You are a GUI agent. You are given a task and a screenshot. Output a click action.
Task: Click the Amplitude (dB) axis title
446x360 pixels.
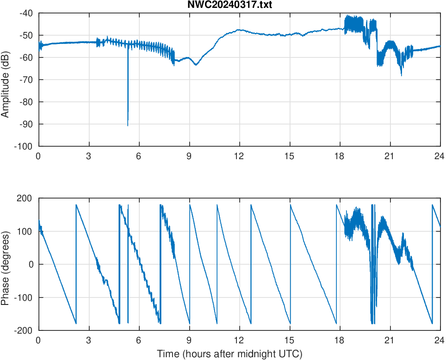tap(6, 80)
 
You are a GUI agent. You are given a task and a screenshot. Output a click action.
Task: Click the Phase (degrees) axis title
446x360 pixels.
tap(6, 264)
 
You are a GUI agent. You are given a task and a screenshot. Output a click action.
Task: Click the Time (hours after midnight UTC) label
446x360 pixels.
tap(229, 354)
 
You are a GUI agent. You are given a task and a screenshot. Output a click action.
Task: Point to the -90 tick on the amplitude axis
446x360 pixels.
tap(26, 124)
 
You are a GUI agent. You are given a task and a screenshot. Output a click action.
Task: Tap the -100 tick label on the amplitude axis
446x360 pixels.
tap(24, 146)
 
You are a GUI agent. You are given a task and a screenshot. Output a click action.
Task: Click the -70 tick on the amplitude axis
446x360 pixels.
tap(26, 80)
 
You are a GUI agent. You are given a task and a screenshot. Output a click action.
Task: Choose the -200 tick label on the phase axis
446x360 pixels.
tap(24, 330)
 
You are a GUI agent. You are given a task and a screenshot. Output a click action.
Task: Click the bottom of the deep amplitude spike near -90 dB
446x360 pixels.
tap(128, 125)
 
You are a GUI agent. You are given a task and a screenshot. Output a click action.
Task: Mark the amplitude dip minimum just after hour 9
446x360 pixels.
tap(196, 65)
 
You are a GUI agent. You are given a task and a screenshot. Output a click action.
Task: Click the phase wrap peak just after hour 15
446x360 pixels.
tap(290, 205)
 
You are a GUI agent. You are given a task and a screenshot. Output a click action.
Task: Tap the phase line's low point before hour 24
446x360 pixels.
tap(432, 323)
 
